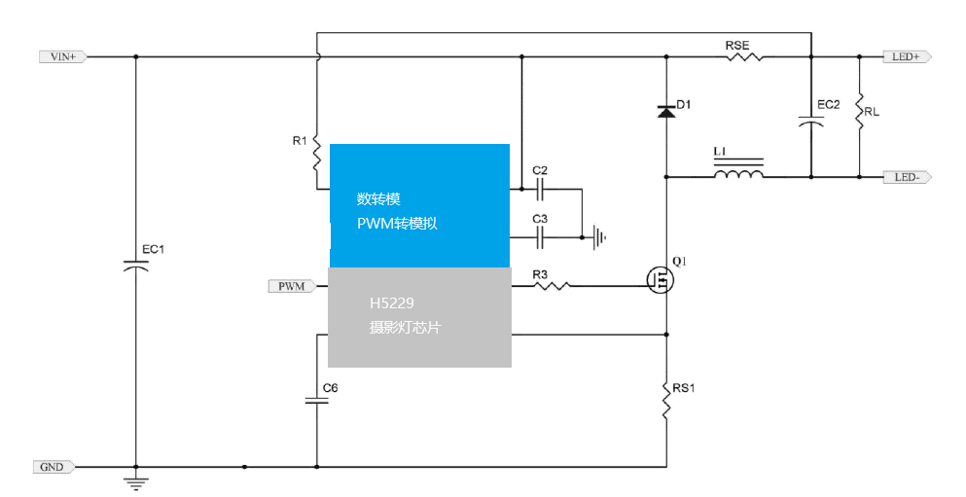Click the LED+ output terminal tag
(x=906, y=56)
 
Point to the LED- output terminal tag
(x=906, y=177)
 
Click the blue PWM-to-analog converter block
(x=419, y=205)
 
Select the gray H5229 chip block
(x=419, y=317)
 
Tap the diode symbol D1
(x=666, y=112)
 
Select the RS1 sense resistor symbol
(x=666, y=400)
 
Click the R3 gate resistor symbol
(x=551, y=286)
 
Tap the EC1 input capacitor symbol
(x=135, y=264)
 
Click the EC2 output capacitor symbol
(x=811, y=123)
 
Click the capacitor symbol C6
(x=317, y=400)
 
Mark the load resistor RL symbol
(x=859, y=112)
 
